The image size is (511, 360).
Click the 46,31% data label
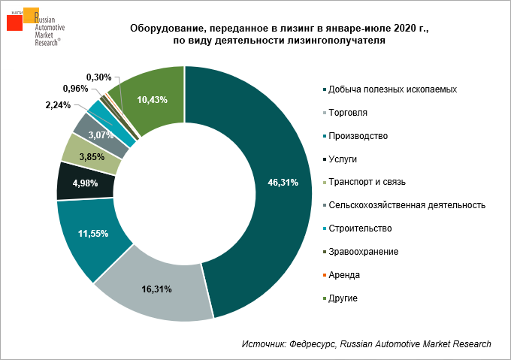click(x=284, y=182)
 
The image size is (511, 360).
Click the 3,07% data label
click(x=101, y=135)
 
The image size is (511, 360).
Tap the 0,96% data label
click(x=75, y=89)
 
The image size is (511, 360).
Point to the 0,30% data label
click(x=98, y=77)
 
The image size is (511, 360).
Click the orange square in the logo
click(x=32, y=15)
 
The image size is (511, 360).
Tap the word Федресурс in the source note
click(x=312, y=343)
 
